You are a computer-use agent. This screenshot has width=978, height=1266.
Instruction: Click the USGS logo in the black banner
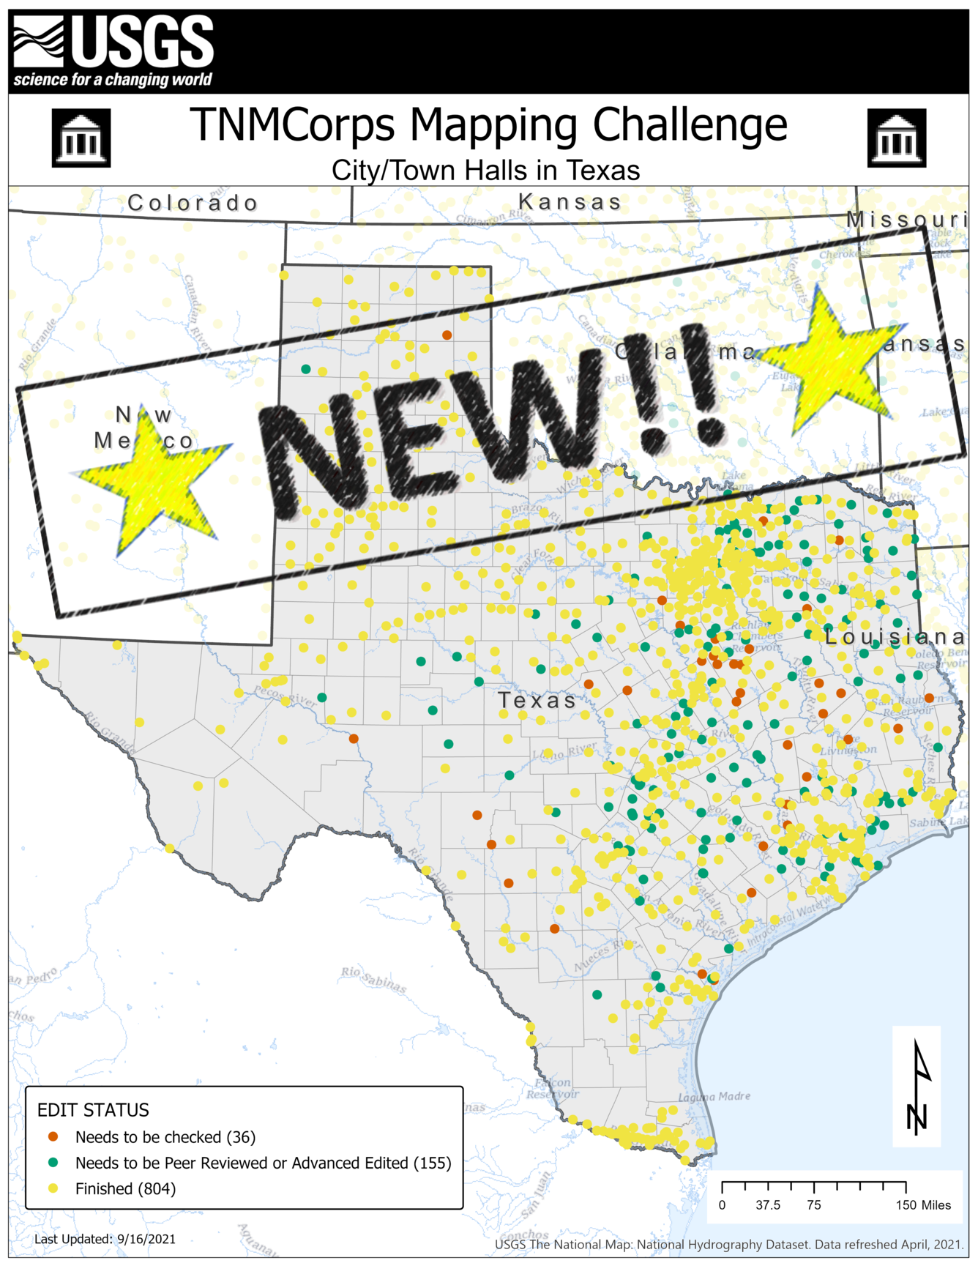click(113, 51)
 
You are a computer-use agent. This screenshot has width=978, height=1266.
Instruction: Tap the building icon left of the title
click(81, 138)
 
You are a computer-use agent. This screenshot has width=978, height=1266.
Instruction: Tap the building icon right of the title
click(896, 138)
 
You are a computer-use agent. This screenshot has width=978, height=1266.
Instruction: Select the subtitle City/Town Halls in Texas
click(485, 171)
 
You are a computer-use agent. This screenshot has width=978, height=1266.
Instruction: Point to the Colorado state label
click(193, 203)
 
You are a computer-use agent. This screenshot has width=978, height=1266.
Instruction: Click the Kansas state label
click(570, 201)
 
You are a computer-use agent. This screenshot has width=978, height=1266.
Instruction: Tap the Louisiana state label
click(895, 637)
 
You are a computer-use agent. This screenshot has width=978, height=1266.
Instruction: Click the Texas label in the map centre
click(537, 701)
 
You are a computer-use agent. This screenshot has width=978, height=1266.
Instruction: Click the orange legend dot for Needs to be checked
click(53, 1137)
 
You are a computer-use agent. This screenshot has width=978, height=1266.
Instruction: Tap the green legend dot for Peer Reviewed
click(53, 1163)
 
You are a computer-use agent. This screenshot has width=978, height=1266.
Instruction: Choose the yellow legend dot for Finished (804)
click(53, 1188)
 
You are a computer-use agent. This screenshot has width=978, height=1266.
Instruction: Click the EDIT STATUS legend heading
click(93, 1110)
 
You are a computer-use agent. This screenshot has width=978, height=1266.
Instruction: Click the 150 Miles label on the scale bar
click(923, 1205)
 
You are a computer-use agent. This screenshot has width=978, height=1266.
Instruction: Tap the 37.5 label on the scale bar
click(768, 1205)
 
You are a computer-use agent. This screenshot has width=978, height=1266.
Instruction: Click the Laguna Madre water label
click(714, 1097)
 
